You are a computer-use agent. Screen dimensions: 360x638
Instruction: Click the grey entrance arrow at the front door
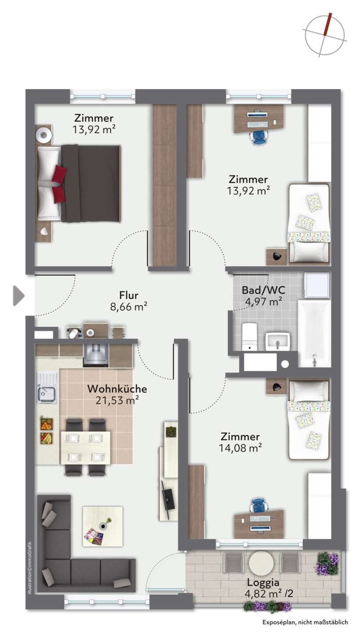coord(18,296)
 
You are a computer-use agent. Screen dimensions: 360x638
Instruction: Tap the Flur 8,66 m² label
coord(128,301)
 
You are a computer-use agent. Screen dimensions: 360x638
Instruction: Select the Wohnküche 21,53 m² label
coord(117,394)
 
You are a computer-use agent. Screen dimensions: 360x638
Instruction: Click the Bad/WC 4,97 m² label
coord(263,296)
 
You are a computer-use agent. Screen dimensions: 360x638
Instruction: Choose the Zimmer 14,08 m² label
coord(240,442)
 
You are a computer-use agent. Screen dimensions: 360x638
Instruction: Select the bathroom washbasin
coord(278,342)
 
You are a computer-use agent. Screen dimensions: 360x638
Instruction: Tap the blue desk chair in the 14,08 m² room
coord(259,505)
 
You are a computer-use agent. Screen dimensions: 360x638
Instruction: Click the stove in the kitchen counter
coord(96,355)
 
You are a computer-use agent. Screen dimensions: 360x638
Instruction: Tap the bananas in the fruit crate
coord(46,439)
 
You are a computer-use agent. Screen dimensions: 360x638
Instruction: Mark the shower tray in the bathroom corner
coord(317,285)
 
